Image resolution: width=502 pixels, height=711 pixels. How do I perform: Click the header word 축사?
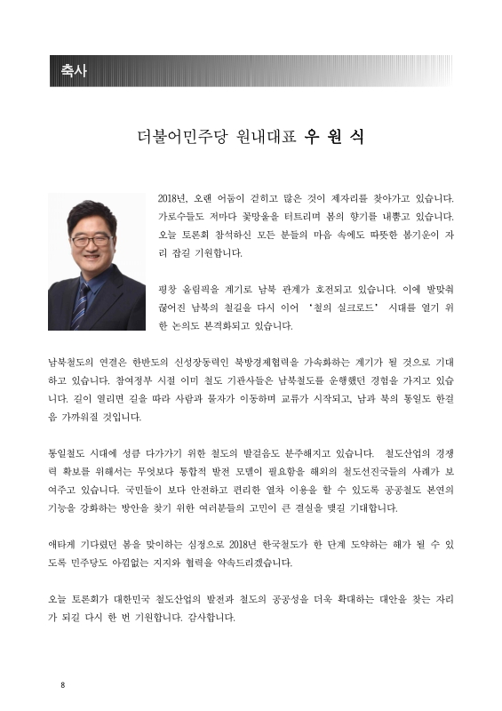(x=74, y=71)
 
